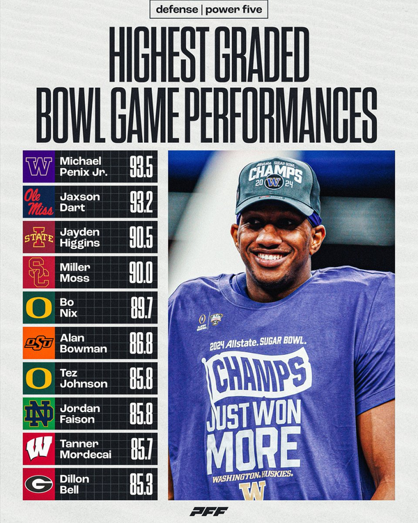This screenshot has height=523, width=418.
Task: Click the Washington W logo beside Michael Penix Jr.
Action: [x=39, y=167]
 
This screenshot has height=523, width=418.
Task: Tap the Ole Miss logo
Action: [x=39, y=202]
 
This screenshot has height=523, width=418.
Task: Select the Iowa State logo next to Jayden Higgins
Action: [x=39, y=237]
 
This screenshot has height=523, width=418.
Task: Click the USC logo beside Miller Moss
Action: [x=39, y=273]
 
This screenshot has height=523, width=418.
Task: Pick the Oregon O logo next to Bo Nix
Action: [x=39, y=308]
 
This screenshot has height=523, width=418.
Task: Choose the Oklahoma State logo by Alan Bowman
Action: [x=39, y=343]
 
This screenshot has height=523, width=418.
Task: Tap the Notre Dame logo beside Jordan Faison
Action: [x=39, y=414]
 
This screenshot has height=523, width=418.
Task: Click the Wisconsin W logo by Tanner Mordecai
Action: [x=39, y=448]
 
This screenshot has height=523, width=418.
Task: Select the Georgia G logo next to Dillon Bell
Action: [x=39, y=483]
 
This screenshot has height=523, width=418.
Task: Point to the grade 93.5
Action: [x=142, y=167]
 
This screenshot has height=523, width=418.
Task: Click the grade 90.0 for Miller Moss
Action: [x=142, y=273]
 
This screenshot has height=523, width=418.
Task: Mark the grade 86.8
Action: [x=142, y=343]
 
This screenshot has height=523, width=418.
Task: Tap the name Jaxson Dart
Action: [x=80, y=202]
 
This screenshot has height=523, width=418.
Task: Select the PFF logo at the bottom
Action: [x=209, y=511]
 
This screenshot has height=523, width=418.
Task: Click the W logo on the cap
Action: [x=274, y=183]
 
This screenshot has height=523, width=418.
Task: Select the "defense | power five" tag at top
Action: [x=209, y=10]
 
